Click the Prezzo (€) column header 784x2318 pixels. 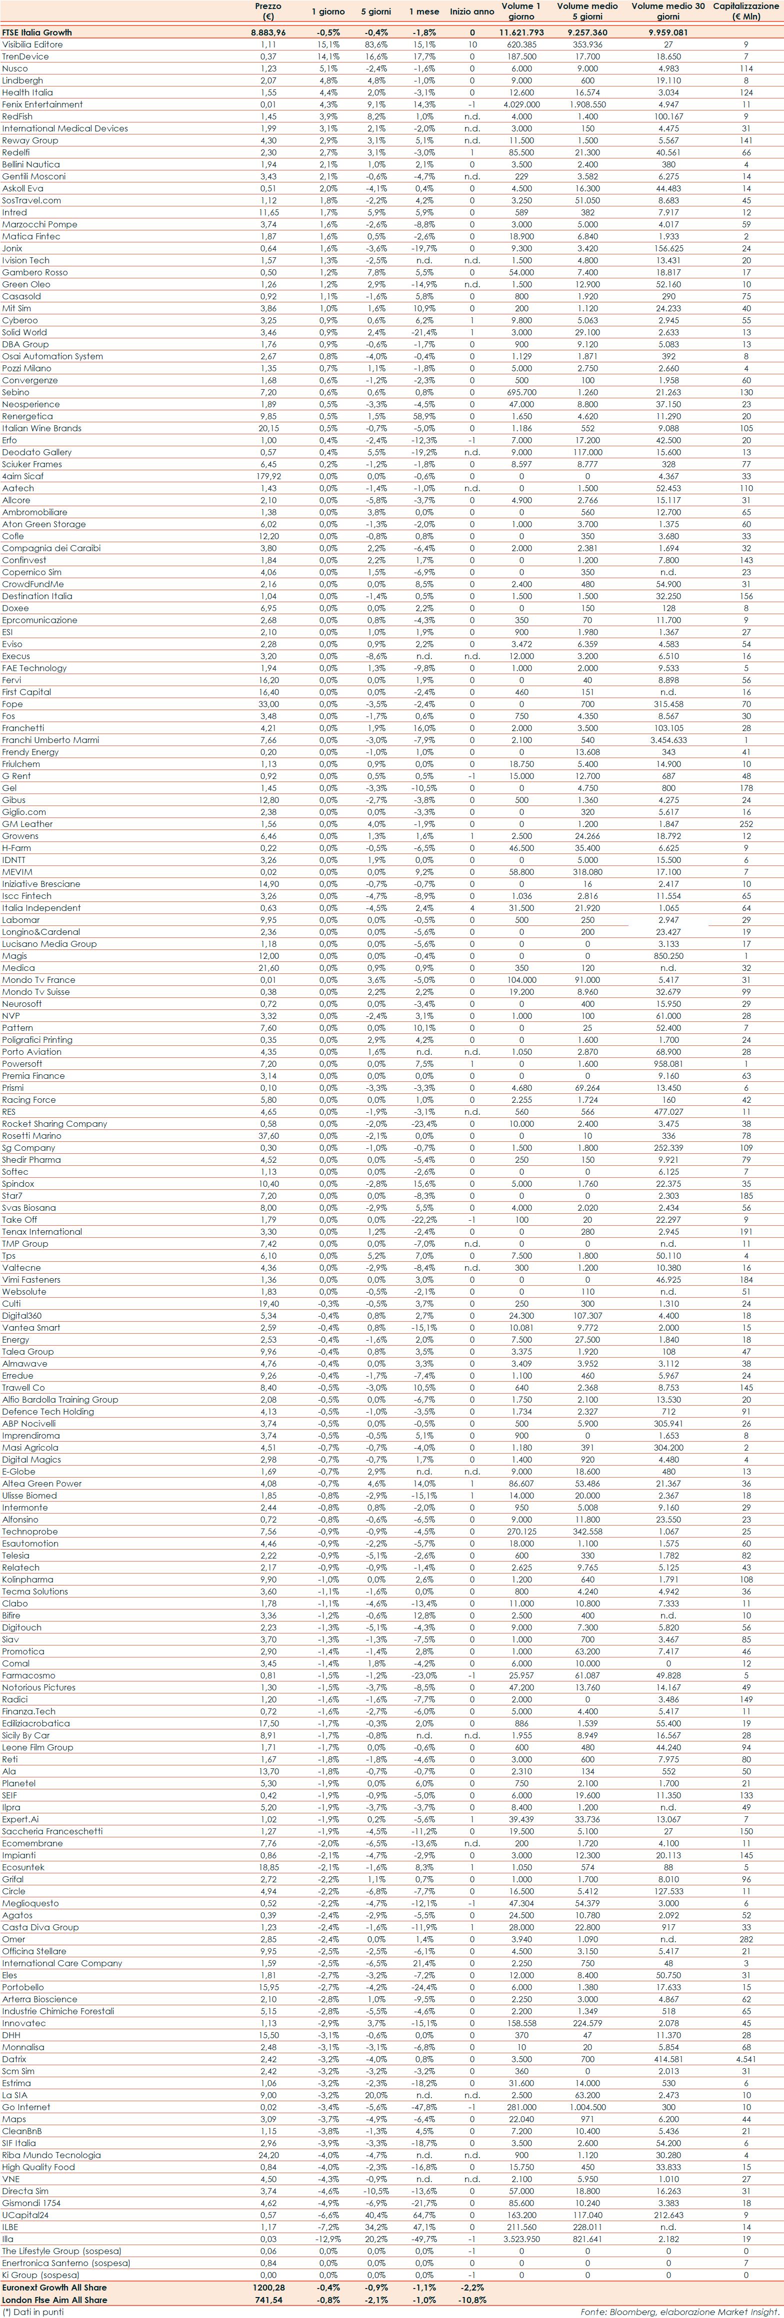[x=268, y=11]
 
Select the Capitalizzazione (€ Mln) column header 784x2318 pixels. [x=745, y=11]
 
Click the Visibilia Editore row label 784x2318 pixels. [x=32, y=44]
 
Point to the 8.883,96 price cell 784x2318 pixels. [x=268, y=32]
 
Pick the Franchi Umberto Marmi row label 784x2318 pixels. [x=50, y=740]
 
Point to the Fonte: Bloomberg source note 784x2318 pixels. [x=679, y=2312]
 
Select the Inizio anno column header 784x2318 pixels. [x=471, y=11]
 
